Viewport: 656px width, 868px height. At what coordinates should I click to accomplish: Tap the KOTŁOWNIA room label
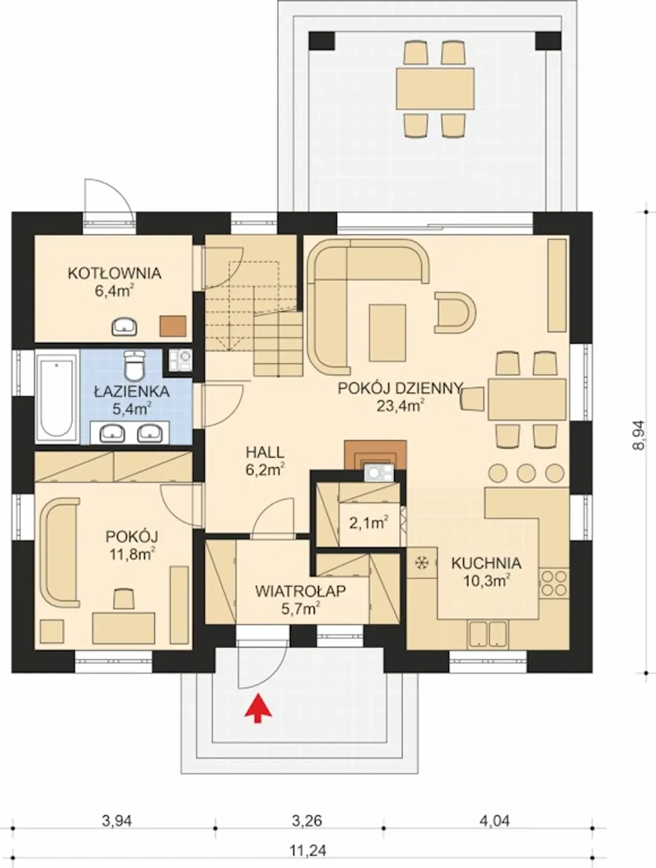pos(114,273)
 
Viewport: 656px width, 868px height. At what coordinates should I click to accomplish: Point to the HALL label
pos(264,453)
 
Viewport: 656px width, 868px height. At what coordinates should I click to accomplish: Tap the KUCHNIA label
pos(486,563)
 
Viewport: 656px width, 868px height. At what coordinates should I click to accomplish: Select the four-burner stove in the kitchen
pos(554,583)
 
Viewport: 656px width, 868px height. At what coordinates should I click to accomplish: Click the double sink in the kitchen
pos(487,634)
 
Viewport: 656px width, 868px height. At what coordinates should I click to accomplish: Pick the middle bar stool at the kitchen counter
pos(526,472)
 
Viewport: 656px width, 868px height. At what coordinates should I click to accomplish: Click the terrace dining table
pos(435,88)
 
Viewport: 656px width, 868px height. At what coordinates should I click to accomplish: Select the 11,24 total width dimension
pos(307,850)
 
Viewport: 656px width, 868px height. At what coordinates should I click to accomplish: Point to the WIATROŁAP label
pos(300,591)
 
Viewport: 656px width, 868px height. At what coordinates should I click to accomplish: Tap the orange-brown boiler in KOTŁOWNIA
pos(173,326)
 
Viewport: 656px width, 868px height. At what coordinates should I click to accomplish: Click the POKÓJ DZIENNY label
pos(400,388)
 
